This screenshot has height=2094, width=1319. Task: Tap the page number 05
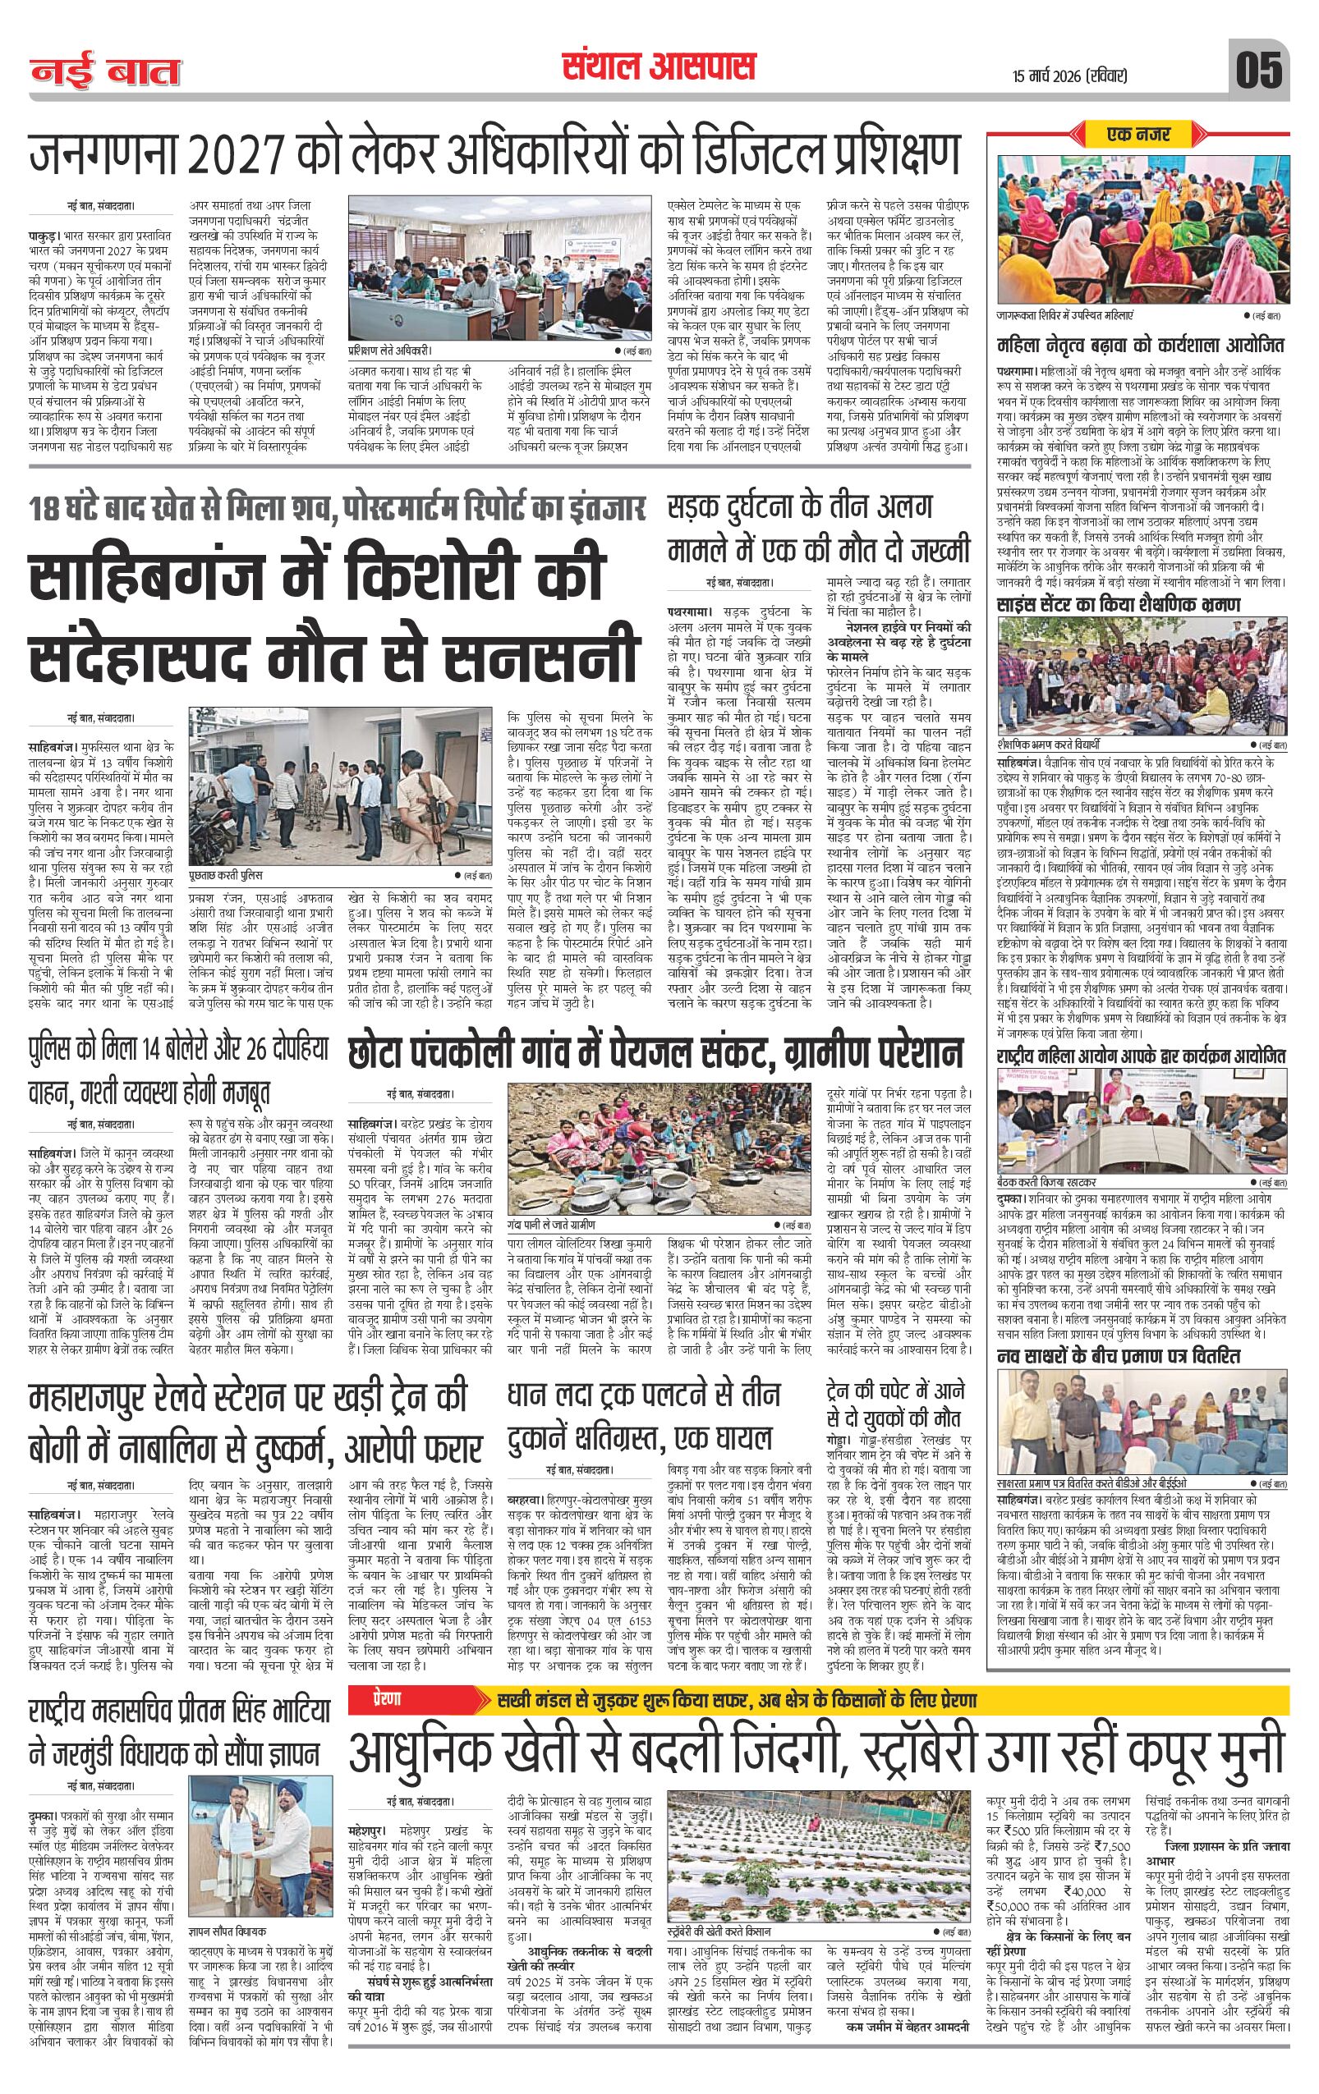click(x=1258, y=71)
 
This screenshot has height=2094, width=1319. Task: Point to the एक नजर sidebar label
click(x=1140, y=135)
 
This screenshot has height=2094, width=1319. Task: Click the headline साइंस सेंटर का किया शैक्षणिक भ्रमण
click(x=1118, y=605)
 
